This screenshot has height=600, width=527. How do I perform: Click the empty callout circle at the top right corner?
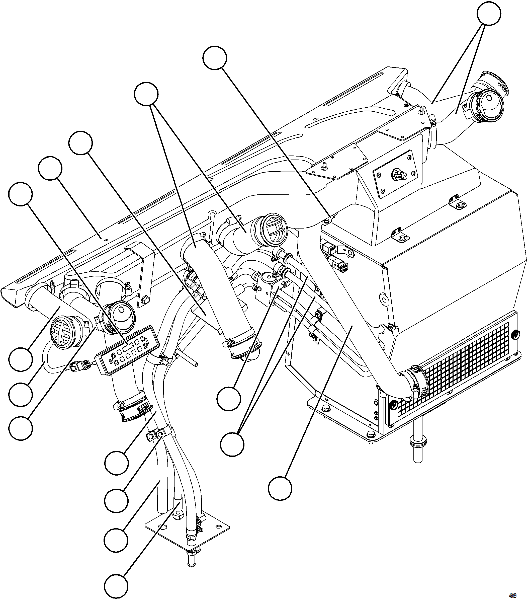[x=489, y=14]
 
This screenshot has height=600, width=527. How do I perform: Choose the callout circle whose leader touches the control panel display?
[x=21, y=194]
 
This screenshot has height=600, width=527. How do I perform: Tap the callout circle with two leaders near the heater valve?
[x=232, y=444]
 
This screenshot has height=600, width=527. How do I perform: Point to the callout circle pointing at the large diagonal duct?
[x=280, y=488]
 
